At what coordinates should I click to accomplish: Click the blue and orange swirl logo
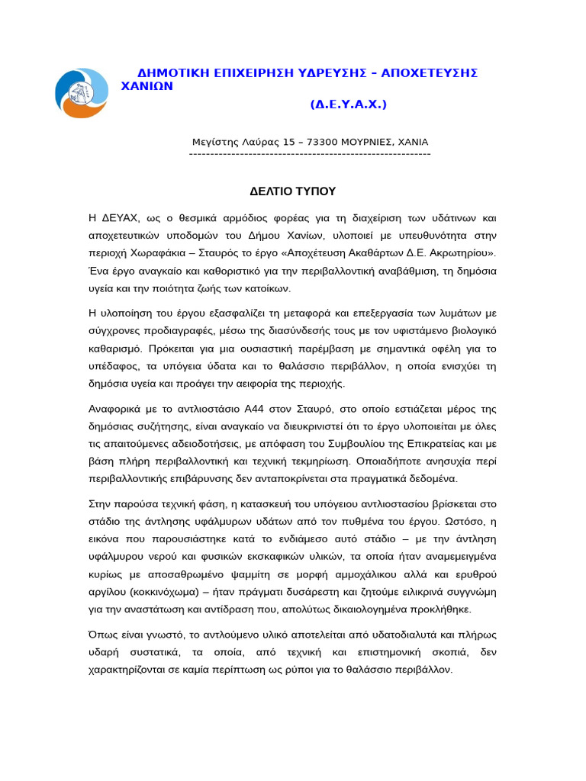pyautogui.click(x=82, y=93)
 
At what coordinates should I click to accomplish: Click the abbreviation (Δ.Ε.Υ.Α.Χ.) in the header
pyautogui.click(x=348, y=104)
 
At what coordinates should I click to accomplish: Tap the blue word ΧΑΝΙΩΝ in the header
pyautogui.click(x=147, y=86)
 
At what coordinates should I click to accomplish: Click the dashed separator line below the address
pyautogui.click(x=310, y=154)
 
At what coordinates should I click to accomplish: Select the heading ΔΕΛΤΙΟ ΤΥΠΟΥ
pyautogui.click(x=293, y=191)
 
